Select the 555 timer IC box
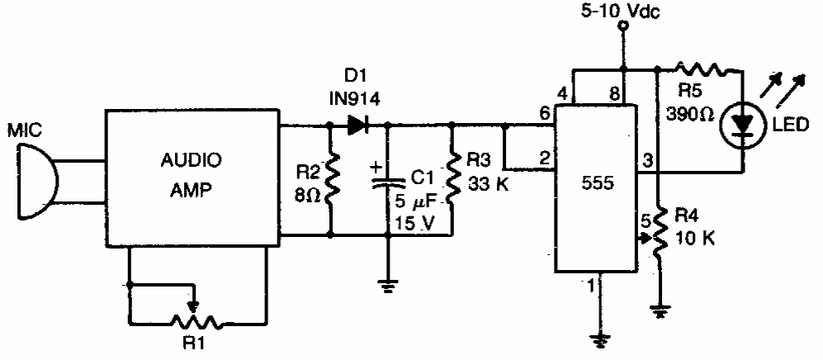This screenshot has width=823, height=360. (596, 188)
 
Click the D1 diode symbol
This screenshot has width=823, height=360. (357, 126)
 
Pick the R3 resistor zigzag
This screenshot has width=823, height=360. (452, 181)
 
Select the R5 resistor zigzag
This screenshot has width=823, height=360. (702, 70)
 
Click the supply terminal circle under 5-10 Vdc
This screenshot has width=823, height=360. (623, 28)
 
